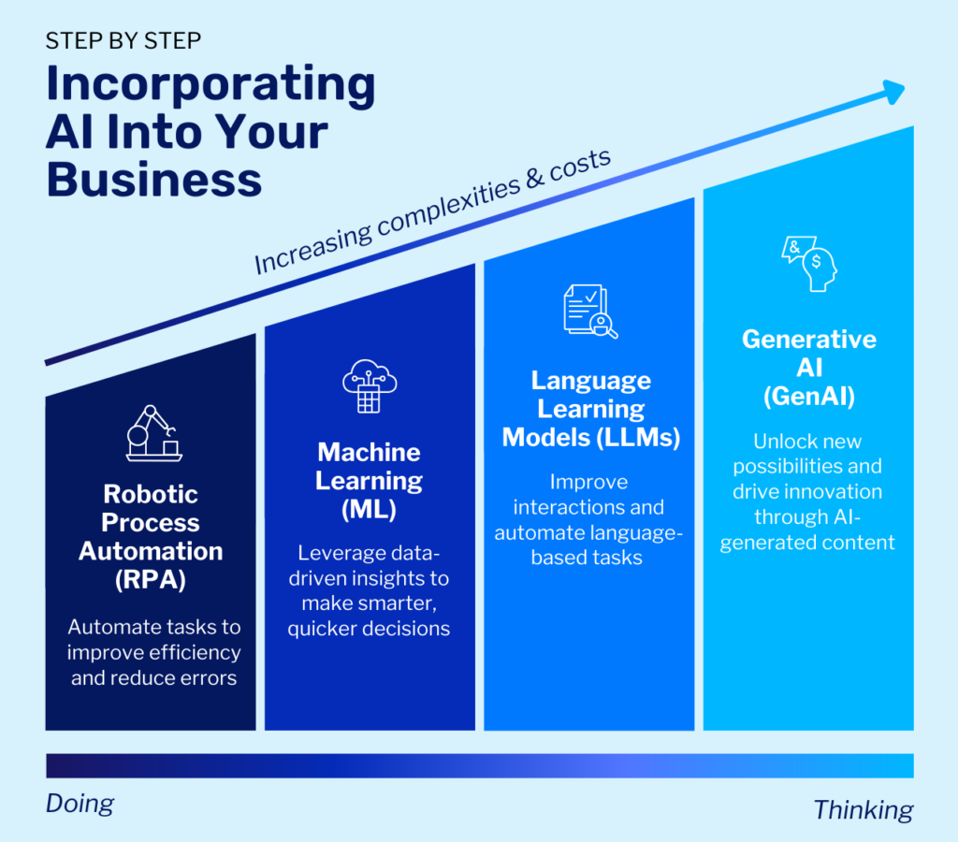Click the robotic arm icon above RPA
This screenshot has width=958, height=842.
pos(153,432)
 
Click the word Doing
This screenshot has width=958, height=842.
pos(80,803)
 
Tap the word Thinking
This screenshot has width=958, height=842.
pos(863,808)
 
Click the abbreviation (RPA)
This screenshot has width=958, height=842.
pos(151,579)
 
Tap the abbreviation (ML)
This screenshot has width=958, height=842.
pos(369,510)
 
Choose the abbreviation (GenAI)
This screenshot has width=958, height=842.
pos(808,397)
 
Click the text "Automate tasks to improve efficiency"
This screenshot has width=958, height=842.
pos(154,639)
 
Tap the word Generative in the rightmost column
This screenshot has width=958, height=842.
pos(808,339)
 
